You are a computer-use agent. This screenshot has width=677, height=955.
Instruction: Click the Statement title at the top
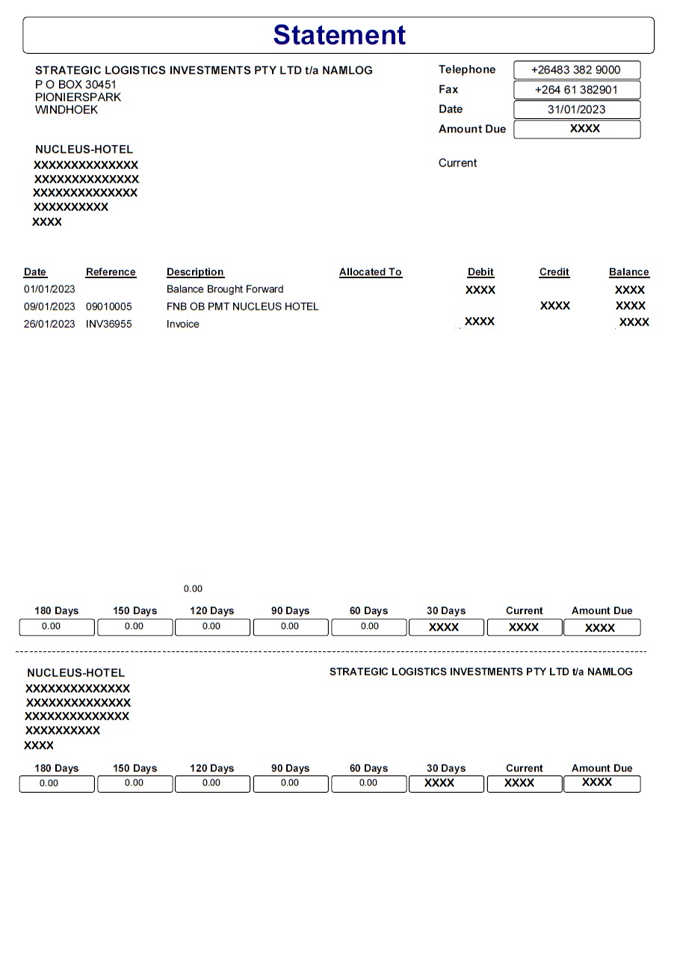click(x=339, y=35)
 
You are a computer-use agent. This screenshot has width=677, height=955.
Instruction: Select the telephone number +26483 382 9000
click(x=575, y=70)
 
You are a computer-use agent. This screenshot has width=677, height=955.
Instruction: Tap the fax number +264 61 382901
click(x=575, y=90)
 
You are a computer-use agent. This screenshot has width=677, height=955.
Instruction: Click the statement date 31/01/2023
click(x=576, y=109)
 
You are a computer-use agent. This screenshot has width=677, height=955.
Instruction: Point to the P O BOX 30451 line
click(x=75, y=85)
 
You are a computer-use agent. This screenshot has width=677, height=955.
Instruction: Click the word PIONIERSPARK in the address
click(x=78, y=97)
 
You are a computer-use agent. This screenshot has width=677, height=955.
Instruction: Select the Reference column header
click(x=111, y=272)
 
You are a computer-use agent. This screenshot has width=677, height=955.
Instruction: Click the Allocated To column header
click(x=370, y=272)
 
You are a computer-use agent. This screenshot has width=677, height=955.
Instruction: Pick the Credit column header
click(x=554, y=272)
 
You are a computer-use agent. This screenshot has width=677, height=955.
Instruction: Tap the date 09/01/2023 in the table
click(x=49, y=307)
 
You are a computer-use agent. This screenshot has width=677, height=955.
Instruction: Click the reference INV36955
click(x=109, y=325)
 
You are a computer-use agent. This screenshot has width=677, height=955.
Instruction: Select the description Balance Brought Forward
click(x=225, y=289)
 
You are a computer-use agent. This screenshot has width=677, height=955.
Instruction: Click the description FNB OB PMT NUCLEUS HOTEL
click(x=242, y=307)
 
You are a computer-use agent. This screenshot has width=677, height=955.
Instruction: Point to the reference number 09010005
click(x=108, y=307)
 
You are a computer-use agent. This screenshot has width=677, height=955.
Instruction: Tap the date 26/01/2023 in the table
click(x=49, y=325)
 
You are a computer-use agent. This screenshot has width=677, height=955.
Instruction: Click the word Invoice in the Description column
click(x=183, y=325)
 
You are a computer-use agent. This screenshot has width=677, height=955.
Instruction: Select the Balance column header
click(x=628, y=272)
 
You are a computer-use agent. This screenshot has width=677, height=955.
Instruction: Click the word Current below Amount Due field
click(x=457, y=163)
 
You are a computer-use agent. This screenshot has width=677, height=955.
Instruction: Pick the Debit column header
click(x=480, y=272)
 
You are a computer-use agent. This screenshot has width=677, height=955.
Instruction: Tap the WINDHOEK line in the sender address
click(x=67, y=110)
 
